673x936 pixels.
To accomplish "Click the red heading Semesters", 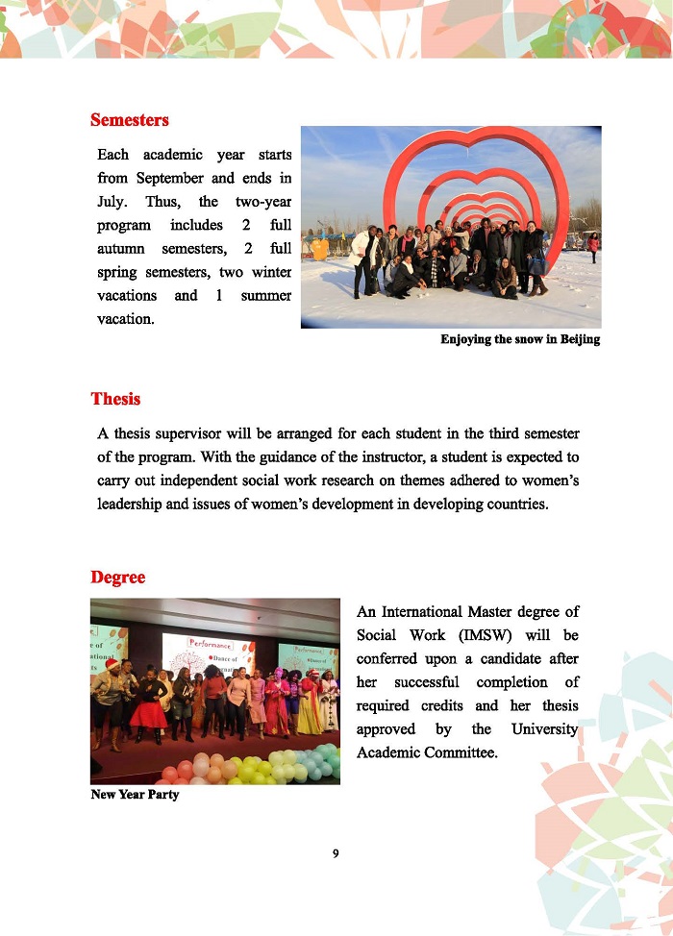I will [x=129, y=120].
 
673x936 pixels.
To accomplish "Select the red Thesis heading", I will [x=115, y=399].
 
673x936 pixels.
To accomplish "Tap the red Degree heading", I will [x=118, y=578].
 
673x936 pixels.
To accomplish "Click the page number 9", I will [x=336, y=853].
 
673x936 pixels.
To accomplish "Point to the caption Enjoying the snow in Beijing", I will [x=520, y=339].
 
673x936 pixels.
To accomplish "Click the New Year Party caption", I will [x=134, y=795].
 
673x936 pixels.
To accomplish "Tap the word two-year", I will [x=262, y=203].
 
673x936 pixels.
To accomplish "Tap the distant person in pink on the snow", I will [x=593, y=246].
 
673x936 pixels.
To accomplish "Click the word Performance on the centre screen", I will [x=211, y=642].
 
